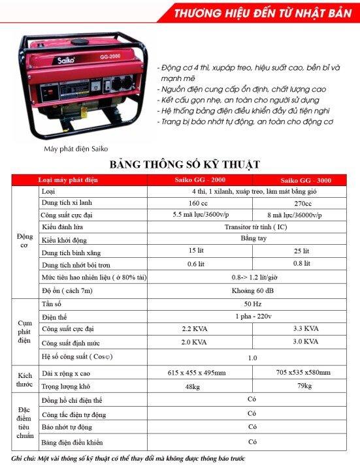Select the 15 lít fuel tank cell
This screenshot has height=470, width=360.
tap(196, 251)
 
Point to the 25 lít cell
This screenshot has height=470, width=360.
tap(302, 251)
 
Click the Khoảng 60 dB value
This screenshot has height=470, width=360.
tap(250, 290)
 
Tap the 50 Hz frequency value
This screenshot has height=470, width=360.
tap(250, 304)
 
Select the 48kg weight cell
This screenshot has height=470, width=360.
tap(192, 386)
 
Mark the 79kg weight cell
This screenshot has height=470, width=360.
tap(306, 386)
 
